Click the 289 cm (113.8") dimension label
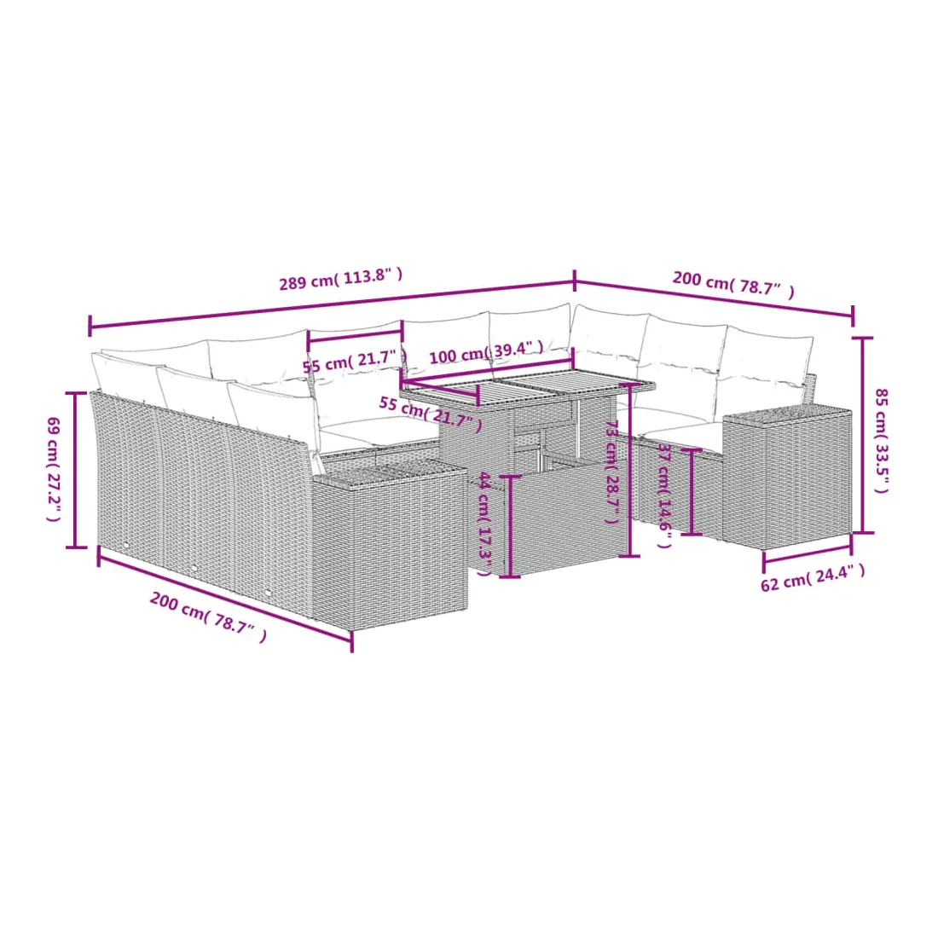(x=341, y=279)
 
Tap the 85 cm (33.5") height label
(x=881, y=440)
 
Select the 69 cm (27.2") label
(x=54, y=469)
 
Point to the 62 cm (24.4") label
(x=813, y=577)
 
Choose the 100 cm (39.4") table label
(x=486, y=352)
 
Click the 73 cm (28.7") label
(x=612, y=472)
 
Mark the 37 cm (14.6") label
(x=664, y=495)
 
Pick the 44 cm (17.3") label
(x=485, y=524)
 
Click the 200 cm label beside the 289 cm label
(x=733, y=284)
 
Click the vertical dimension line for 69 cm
(x=76, y=470)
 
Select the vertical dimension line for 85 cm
(x=863, y=435)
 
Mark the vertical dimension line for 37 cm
(x=692, y=492)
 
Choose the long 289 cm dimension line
(x=332, y=304)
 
